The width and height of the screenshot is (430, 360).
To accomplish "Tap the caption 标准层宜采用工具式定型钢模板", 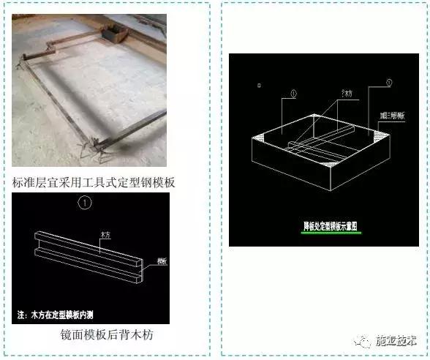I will (94, 182).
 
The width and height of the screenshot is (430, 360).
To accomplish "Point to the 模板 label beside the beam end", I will (161, 261).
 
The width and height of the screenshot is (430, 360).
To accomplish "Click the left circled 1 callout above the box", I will (293, 93).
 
